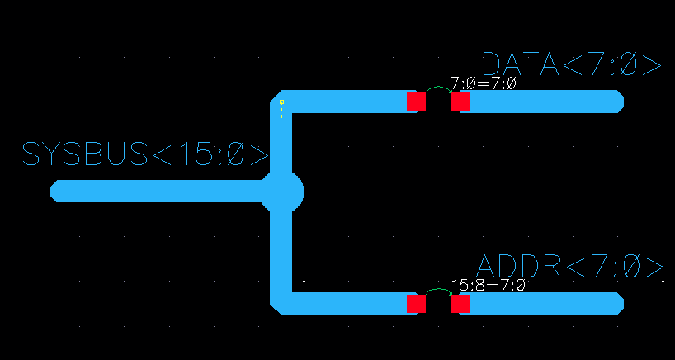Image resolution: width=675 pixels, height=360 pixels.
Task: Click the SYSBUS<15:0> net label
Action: [x=145, y=154]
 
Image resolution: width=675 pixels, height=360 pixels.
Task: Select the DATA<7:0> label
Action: [x=571, y=65]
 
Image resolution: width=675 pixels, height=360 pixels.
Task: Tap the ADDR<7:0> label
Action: [x=570, y=267]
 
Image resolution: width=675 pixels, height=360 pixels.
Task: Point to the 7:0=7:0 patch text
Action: [x=483, y=83]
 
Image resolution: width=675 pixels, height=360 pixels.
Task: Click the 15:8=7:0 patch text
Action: [x=488, y=285]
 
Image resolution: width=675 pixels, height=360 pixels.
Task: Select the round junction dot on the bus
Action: [x=282, y=192]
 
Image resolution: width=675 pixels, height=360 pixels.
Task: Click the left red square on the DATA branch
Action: [x=416, y=102]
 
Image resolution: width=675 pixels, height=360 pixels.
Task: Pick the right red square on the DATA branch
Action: [x=460, y=102]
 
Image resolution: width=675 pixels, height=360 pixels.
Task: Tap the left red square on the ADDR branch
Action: [x=416, y=304]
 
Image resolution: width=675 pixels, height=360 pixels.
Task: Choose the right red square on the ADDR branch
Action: [x=460, y=304]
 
